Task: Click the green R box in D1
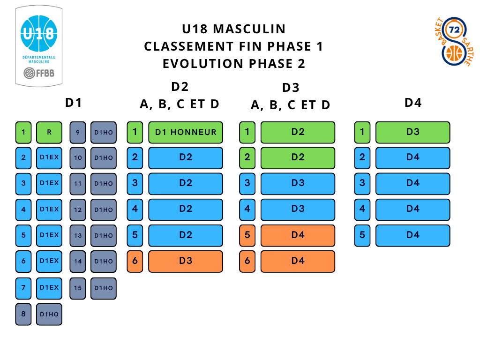point(49,132)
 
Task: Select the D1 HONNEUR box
point(186,132)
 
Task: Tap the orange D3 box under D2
point(186,261)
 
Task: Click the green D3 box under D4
point(412,132)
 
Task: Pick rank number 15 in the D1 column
point(78,288)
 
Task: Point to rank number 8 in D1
point(23,314)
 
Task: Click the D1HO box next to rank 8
point(49,314)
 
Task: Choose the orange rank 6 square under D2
point(135,261)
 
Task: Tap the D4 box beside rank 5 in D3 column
point(298,235)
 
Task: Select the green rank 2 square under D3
point(247,158)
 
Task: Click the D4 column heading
point(413,103)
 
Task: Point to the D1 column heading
point(74,103)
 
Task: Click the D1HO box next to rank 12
point(103,210)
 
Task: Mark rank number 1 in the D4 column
point(362,132)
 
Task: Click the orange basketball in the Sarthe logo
point(454,52)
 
